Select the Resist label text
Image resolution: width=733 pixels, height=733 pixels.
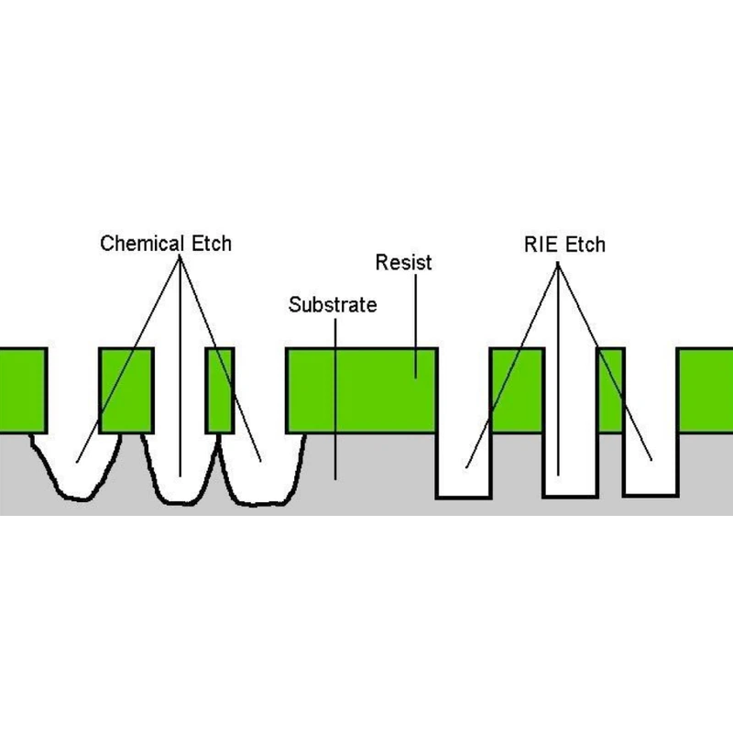pos(404,263)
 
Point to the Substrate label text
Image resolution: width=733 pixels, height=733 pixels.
pos(332,305)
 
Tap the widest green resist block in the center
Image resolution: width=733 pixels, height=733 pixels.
pos(362,389)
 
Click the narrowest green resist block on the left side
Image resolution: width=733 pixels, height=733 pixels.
pos(220,389)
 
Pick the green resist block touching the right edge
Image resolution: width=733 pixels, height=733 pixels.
pos(706,389)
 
